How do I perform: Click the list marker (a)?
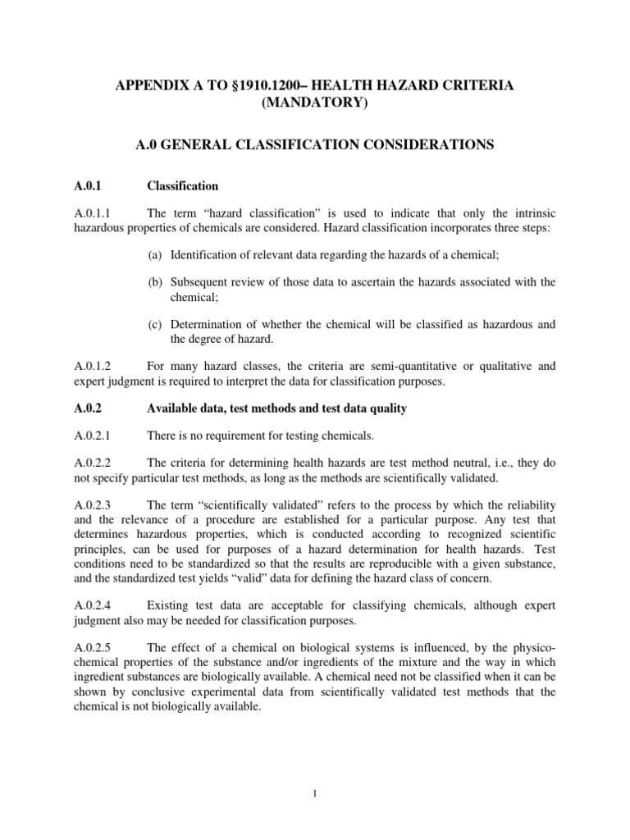pyautogui.click(x=154, y=255)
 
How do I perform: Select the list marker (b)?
pyautogui.click(x=154, y=282)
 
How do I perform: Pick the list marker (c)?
pyautogui.click(x=154, y=324)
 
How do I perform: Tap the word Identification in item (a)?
pyautogui.click(x=200, y=255)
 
